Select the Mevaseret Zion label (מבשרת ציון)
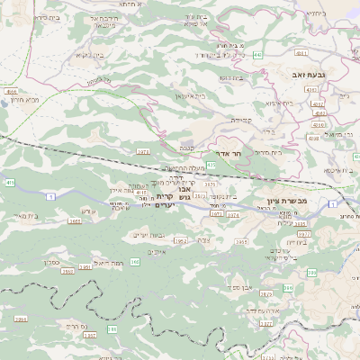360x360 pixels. [287, 201]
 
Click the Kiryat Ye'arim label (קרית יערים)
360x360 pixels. [164, 201]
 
